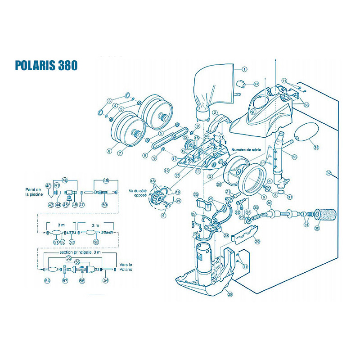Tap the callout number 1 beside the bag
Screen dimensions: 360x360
245,69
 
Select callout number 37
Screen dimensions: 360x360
256,84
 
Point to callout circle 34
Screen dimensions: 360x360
316,147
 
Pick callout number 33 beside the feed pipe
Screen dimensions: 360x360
294,157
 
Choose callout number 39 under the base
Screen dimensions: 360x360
229,295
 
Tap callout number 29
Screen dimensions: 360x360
257,242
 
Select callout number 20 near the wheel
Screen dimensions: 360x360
219,184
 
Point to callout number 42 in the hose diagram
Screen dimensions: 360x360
65,180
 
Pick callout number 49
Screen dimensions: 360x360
106,180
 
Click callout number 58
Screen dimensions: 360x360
82,281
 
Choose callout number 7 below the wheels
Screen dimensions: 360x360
120,153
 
